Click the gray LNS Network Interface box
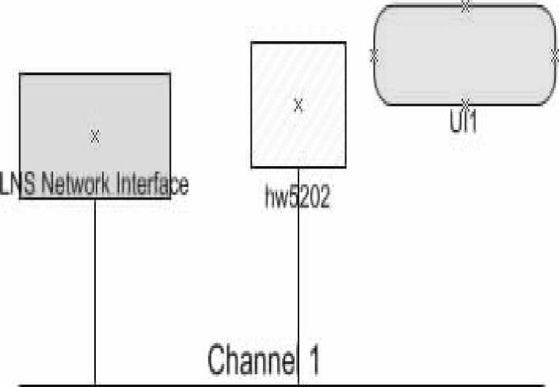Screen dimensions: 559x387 [55, 111]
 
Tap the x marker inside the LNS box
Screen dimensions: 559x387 [95, 136]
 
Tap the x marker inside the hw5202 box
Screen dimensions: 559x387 [299, 105]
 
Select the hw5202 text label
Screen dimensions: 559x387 [297, 198]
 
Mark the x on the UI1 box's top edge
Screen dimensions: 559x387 [466, 6]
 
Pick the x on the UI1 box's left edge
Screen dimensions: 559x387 [375, 55]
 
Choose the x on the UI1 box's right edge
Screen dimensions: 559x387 [554, 55]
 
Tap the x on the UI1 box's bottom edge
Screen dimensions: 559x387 [466, 104]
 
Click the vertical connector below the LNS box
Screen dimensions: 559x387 [95, 293]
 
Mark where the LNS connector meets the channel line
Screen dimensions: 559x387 [95, 385]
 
